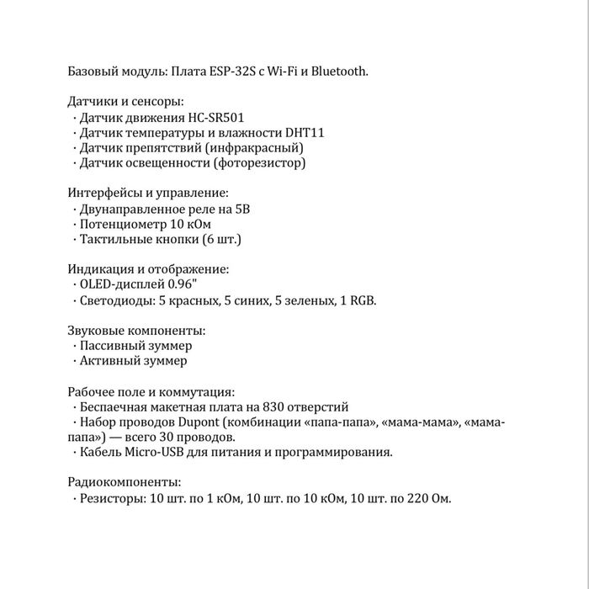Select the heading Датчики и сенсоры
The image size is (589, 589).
(125, 102)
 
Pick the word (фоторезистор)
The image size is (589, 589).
(260, 163)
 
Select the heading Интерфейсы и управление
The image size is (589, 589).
(148, 194)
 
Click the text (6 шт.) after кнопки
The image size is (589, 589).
(221, 240)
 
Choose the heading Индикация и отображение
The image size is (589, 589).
(148, 270)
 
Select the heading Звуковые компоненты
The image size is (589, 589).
(136, 331)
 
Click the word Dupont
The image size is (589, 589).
(202, 422)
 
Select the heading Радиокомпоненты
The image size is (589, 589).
(124, 483)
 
